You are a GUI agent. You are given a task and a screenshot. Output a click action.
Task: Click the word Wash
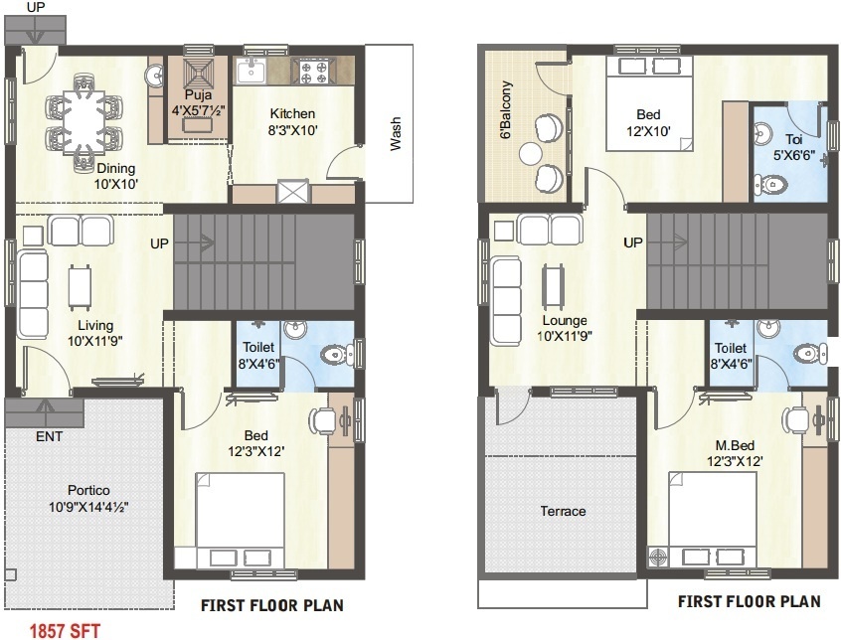tap(397, 133)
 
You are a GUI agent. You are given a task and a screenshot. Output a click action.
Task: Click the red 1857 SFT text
tap(65, 629)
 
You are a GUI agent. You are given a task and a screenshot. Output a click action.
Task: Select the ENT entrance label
tap(50, 437)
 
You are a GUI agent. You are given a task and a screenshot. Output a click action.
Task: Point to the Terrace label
tap(563, 512)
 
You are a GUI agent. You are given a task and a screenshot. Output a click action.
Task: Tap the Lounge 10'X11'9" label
tap(564, 329)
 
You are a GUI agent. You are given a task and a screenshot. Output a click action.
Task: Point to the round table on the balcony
tap(530, 152)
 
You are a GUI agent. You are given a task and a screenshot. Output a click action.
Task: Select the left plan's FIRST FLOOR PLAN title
tap(272, 604)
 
